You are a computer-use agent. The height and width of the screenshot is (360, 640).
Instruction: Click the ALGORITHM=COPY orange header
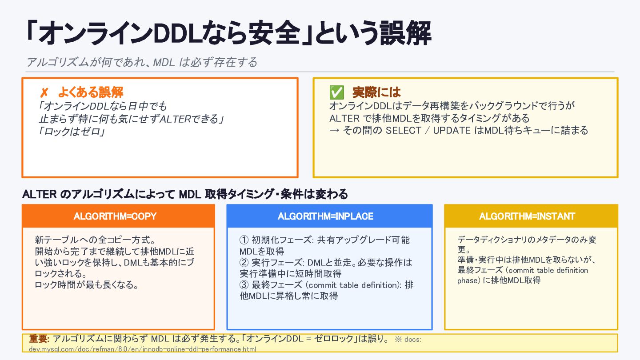(x=118, y=216)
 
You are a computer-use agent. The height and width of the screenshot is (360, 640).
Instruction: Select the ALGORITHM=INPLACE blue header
(x=329, y=216)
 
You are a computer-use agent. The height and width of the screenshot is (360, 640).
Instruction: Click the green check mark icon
(x=336, y=92)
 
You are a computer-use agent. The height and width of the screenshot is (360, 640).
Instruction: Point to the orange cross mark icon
(x=44, y=93)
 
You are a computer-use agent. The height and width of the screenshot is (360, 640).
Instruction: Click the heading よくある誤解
(x=90, y=92)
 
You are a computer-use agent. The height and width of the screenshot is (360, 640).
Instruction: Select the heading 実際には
(x=376, y=92)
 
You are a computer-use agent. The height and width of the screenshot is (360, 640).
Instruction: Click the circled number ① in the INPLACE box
(x=244, y=240)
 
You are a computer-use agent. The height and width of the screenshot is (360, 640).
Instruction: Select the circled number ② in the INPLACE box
(x=244, y=262)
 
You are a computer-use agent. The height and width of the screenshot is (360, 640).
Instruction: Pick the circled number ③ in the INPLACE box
(x=244, y=285)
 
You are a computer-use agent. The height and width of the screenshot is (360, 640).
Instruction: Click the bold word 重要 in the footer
(x=39, y=339)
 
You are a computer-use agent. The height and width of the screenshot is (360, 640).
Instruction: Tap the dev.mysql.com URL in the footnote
(x=143, y=349)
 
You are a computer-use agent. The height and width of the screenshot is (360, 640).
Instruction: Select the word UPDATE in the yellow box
(x=452, y=131)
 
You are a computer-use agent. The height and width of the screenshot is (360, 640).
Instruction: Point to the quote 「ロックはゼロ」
(x=72, y=132)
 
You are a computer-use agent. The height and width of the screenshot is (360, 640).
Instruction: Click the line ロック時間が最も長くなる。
(x=87, y=285)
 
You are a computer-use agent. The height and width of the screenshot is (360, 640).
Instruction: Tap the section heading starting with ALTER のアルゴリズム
(x=185, y=194)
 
